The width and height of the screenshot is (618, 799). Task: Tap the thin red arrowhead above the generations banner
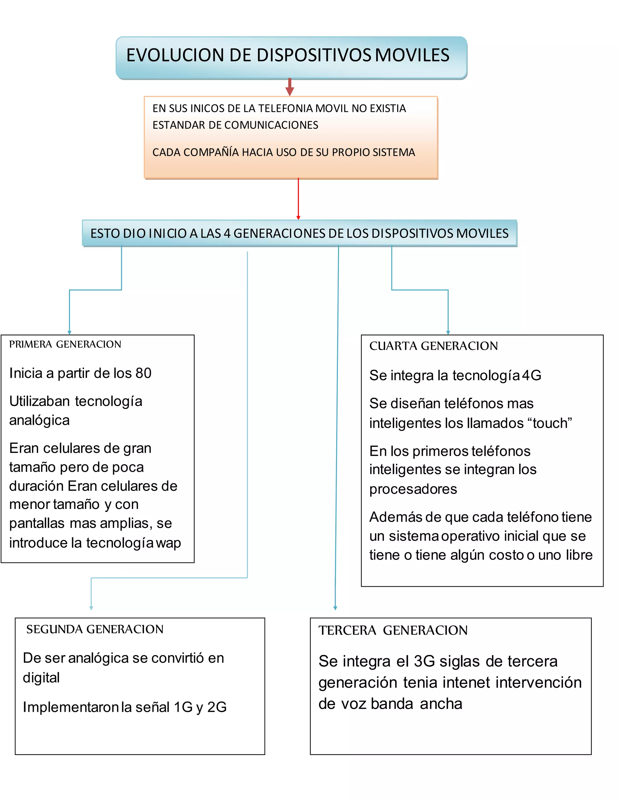point(298,217)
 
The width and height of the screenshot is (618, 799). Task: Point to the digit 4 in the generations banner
point(227,233)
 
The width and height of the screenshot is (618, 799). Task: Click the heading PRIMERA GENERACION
point(65,344)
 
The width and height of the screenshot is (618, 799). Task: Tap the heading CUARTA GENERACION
point(434,346)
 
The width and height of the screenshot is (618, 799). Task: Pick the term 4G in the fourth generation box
point(532,375)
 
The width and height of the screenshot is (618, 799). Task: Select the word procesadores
point(413,489)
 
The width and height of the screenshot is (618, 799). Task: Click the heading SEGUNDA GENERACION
point(95,629)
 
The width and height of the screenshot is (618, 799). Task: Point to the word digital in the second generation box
point(41,677)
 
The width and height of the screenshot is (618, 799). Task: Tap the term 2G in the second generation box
point(217,707)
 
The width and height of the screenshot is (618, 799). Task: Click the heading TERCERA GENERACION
point(393,630)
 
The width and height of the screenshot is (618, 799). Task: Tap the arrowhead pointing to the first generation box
point(69,332)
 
